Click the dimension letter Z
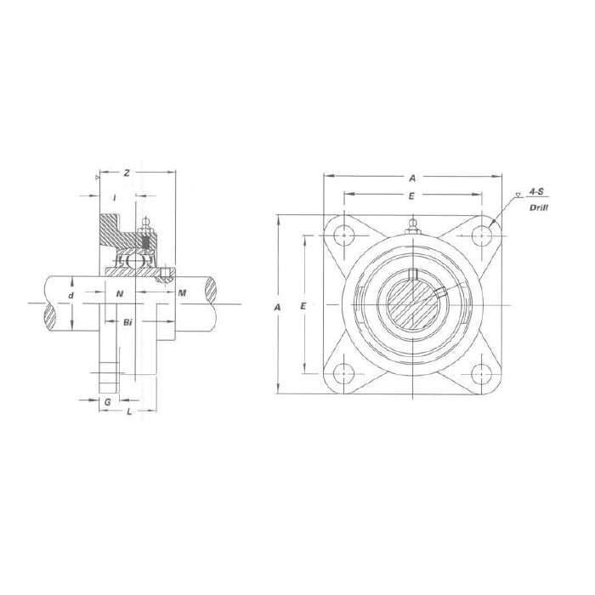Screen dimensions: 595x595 (x=126, y=173)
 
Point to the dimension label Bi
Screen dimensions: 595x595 (x=127, y=323)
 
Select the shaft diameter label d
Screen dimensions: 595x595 (x=71, y=295)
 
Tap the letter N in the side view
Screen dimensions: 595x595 (x=120, y=293)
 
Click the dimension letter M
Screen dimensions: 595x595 (x=183, y=293)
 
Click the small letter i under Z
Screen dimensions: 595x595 (x=114, y=197)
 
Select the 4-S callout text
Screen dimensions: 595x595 (x=536, y=193)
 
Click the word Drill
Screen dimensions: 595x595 (x=537, y=207)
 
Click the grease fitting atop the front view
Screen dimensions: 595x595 (x=412, y=228)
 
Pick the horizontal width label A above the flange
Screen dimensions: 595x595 (x=411, y=178)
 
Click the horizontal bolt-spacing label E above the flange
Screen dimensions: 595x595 (x=411, y=195)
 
